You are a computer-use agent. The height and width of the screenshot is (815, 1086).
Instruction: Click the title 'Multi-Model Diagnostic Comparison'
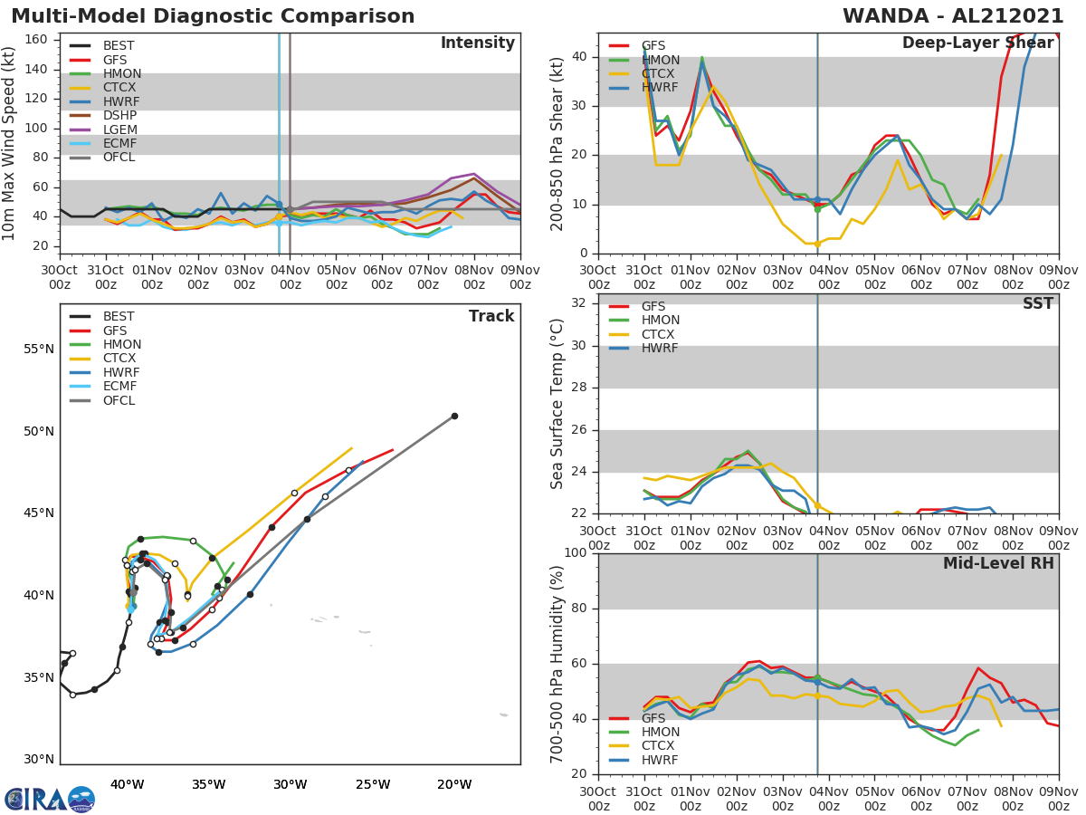pyautogui.click(x=213, y=16)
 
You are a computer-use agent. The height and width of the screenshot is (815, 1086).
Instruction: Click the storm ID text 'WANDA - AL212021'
pyautogui.click(x=953, y=16)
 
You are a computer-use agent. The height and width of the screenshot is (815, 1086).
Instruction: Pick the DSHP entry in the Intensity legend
pyautogui.click(x=119, y=116)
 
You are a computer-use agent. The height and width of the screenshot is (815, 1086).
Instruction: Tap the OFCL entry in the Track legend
pyautogui.click(x=118, y=400)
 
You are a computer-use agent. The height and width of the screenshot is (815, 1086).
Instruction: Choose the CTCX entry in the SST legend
pyautogui.click(x=660, y=334)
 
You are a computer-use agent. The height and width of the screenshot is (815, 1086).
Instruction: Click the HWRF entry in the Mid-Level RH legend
pyautogui.click(x=660, y=760)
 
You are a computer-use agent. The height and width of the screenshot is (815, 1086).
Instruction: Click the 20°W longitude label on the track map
pyautogui.click(x=454, y=784)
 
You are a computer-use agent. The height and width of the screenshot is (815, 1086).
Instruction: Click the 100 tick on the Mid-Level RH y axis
pyautogui.click(x=574, y=552)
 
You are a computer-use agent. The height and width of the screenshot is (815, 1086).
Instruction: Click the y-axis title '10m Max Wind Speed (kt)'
pyautogui.click(x=10, y=145)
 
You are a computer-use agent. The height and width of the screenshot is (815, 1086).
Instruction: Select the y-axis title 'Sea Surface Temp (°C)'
pyautogui.click(x=557, y=403)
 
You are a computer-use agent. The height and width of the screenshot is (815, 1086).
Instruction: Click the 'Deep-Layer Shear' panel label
pyautogui.click(x=977, y=43)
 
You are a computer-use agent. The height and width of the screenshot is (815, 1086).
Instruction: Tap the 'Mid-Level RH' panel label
pyautogui.click(x=998, y=563)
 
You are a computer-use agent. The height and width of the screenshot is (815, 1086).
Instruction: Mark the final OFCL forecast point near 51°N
pyautogui.click(x=454, y=416)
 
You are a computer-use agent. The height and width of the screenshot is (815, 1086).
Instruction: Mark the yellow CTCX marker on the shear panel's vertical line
pyautogui.click(x=817, y=244)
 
